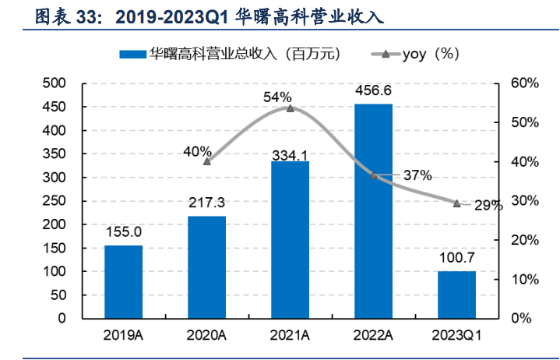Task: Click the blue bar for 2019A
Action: [124, 281]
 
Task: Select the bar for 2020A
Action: [206, 267]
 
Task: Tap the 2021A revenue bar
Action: [290, 239]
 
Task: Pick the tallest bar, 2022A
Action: [374, 210]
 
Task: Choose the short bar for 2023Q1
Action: [456, 295]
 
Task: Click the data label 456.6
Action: [374, 92]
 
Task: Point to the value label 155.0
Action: [124, 231]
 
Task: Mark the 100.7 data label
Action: [456, 258]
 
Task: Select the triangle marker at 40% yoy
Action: [206, 161]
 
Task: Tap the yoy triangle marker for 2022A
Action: [374, 176]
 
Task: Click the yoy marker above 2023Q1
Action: [456, 203]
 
